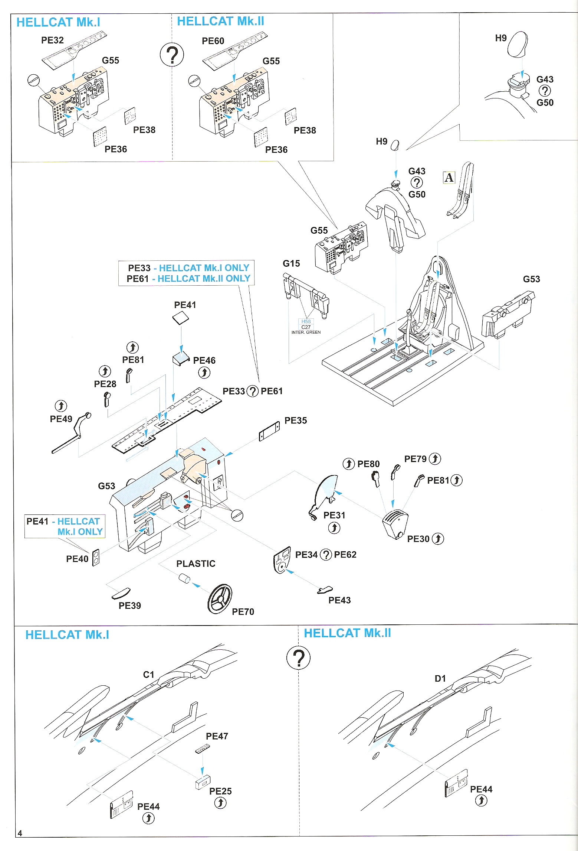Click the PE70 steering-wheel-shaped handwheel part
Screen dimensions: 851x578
tap(220, 598)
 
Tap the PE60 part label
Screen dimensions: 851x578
tap(213, 41)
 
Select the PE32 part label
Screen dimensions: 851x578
tap(52, 40)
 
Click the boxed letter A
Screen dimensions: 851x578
tap(449, 178)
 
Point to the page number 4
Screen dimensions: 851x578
tap(20, 833)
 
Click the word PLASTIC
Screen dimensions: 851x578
tap(196, 563)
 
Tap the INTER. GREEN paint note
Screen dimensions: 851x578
tap(306, 332)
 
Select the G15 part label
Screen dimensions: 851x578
tap(291, 263)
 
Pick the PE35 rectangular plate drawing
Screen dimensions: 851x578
tap(269, 432)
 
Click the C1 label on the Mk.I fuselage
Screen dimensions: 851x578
tap(148, 675)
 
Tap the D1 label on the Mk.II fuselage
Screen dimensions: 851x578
tap(440, 679)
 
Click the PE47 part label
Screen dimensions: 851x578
tap(217, 736)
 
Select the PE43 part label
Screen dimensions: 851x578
tap(339, 600)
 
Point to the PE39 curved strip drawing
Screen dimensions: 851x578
tap(121, 593)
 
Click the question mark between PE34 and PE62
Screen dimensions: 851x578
tap(326, 555)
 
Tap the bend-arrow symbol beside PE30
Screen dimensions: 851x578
tap(438, 539)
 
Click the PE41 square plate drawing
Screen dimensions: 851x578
tap(181, 318)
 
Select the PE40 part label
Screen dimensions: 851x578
tap(77, 559)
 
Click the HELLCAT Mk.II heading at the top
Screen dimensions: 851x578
tap(220, 21)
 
